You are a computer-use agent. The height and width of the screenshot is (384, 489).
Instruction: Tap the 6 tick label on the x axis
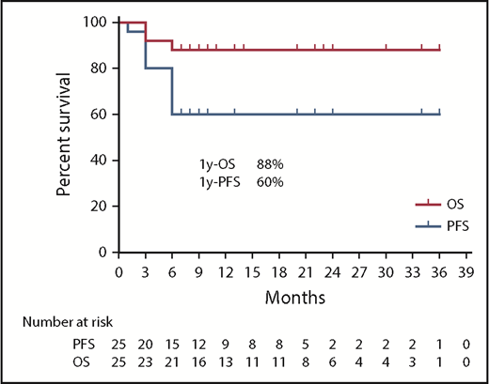point(172,270)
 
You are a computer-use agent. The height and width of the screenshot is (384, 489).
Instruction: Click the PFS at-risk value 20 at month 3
point(145,345)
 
